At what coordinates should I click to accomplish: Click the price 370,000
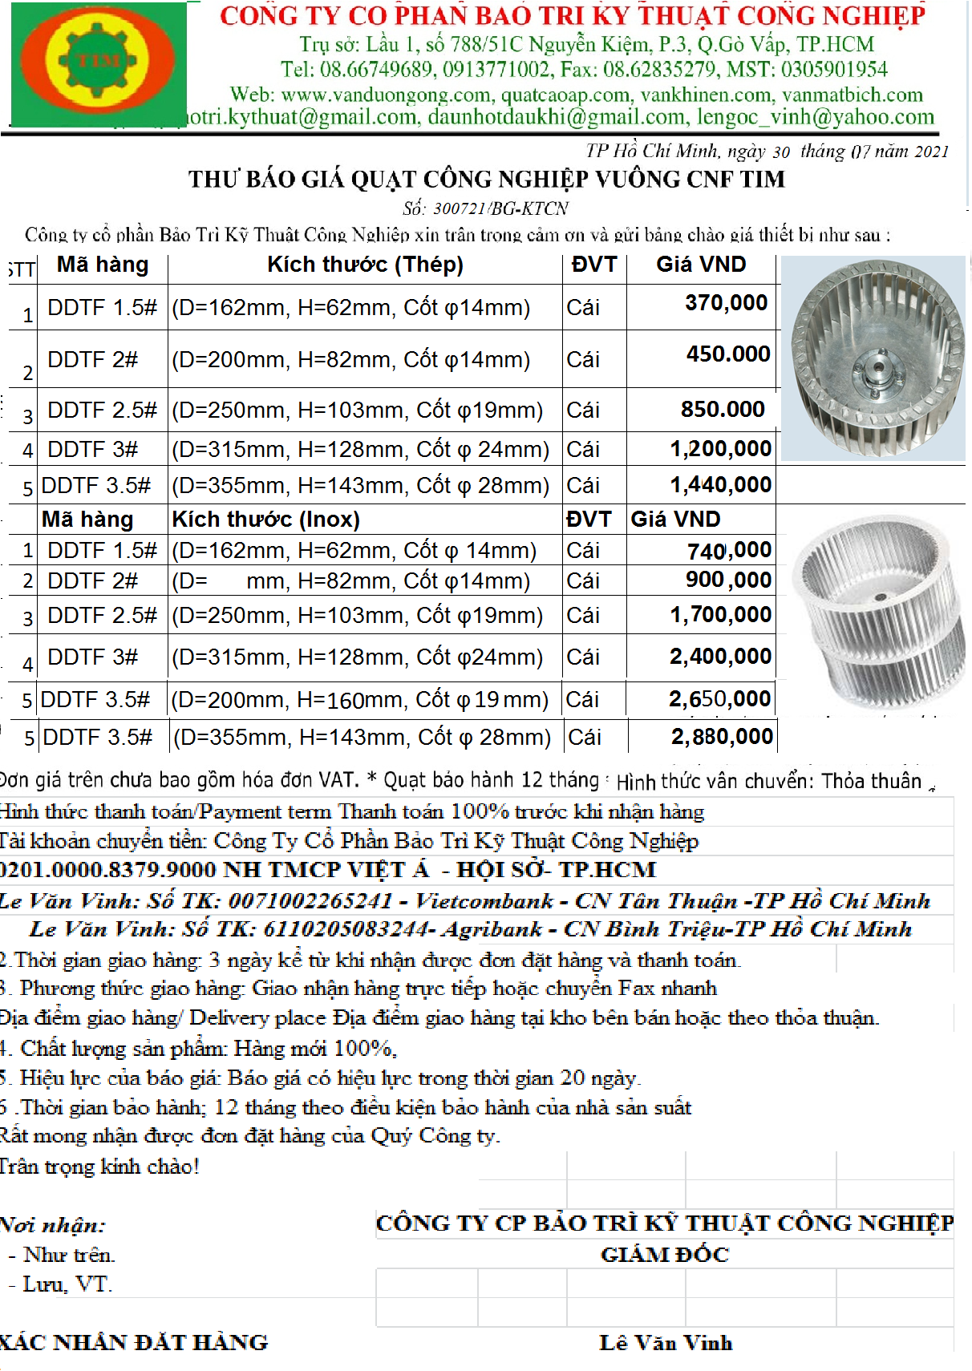point(726,303)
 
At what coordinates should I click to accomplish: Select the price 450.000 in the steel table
point(727,354)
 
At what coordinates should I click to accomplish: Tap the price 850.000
point(723,410)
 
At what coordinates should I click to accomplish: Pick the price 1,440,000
point(720,485)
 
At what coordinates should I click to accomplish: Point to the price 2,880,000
point(722,737)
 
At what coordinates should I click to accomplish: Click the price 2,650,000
point(719,699)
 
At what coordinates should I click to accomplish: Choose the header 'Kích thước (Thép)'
point(365,265)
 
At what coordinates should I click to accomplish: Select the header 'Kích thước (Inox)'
point(265,520)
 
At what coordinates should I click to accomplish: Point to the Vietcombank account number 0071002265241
point(310,901)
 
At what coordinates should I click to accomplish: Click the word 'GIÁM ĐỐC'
point(664,1255)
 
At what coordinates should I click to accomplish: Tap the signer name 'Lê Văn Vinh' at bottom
point(666,1343)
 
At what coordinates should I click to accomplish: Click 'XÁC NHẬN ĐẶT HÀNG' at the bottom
point(134,1343)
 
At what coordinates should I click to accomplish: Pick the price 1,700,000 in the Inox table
point(720,615)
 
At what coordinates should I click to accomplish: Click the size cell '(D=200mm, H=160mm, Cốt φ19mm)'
point(359,700)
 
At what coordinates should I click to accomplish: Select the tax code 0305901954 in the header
point(834,70)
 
